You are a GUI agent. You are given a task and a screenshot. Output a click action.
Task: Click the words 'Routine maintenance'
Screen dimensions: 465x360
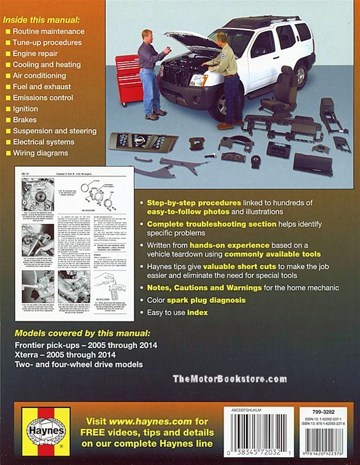[48, 31]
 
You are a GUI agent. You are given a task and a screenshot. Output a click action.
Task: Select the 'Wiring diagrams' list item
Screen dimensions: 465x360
[41, 153]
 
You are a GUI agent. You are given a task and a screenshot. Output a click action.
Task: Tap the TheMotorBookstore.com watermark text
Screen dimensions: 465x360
[230, 379]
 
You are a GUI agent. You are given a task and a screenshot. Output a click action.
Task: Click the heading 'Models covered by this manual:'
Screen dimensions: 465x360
[82, 334]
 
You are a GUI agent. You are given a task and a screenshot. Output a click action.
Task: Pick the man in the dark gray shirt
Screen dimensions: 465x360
[151, 73]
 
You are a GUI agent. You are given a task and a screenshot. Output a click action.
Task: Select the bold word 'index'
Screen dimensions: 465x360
[198, 313]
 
